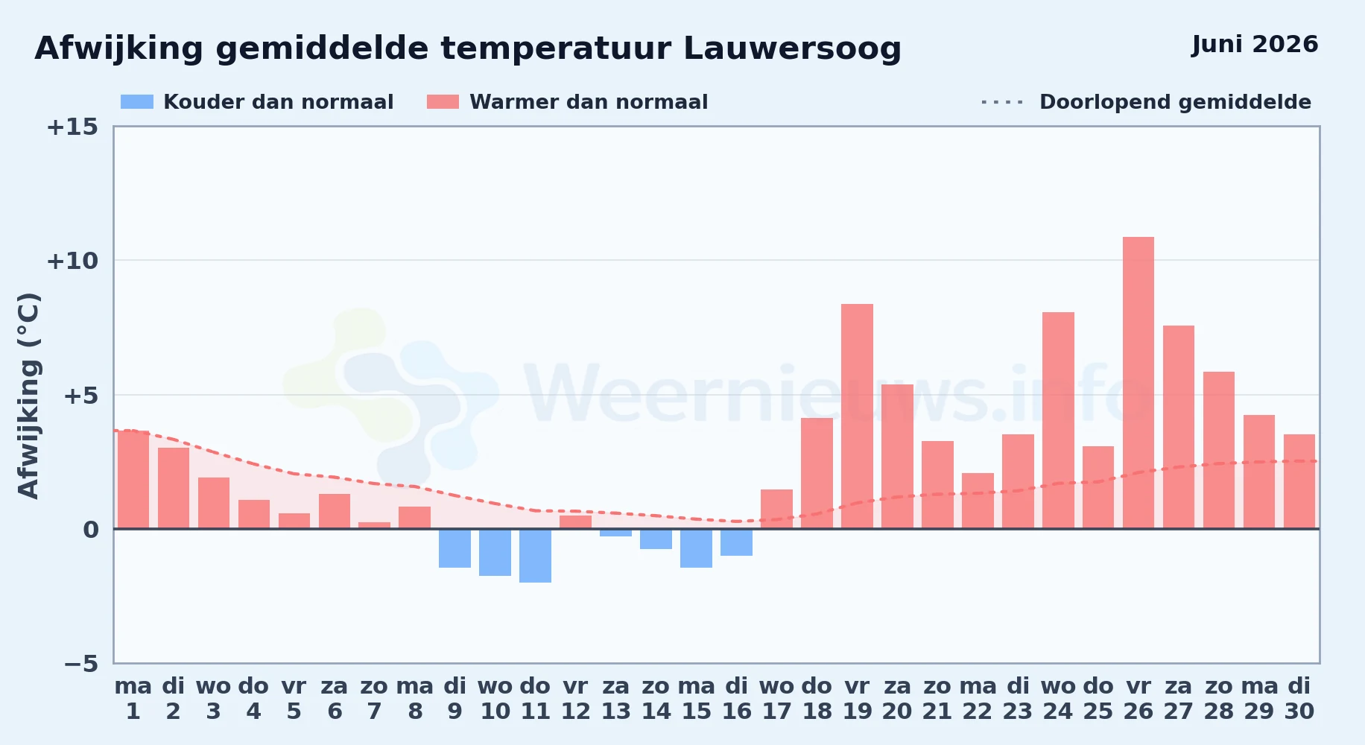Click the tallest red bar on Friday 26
pyautogui.click(x=1138, y=383)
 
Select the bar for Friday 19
pyautogui.click(x=857, y=416)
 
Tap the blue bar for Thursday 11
pyautogui.click(x=535, y=556)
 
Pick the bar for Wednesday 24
pyautogui.click(x=1058, y=420)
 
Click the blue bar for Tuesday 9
pyautogui.click(x=455, y=548)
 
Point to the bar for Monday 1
pyautogui.click(x=133, y=480)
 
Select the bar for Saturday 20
pyautogui.click(x=897, y=457)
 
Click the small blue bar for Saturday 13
pyautogui.click(x=615, y=533)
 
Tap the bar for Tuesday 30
pyautogui.click(x=1299, y=481)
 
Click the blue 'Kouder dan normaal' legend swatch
pyautogui.click(x=137, y=102)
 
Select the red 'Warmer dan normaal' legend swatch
pyautogui.click(x=443, y=102)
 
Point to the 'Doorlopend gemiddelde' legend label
pyautogui.click(x=1175, y=102)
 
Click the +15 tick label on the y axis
pyautogui.click(x=72, y=127)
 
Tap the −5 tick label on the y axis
pyautogui.click(x=81, y=663)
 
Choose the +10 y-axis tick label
pyautogui.click(x=72, y=261)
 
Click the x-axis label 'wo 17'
pyautogui.click(x=776, y=699)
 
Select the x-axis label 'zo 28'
pyautogui.click(x=1219, y=699)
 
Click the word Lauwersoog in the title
pyautogui.click(x=792, y=49)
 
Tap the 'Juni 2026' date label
pyautogui.click(x=1255, y=45)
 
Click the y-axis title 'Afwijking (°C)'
pyautogui.click(x=28, y=395)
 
